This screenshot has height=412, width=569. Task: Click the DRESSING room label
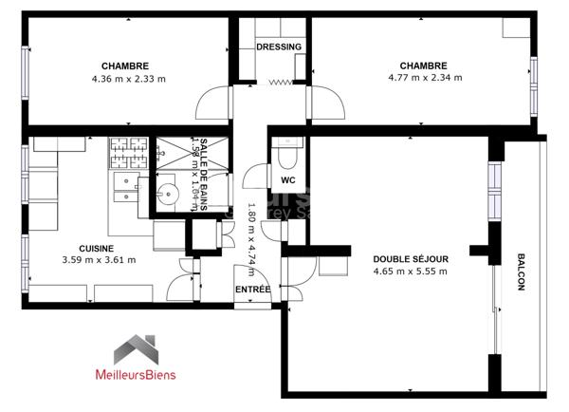(x=279, y=47)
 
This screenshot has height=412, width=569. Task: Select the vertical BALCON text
(x=521, y=273)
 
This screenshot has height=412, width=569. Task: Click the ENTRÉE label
(x=252, y=289)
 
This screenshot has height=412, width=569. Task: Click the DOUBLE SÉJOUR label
(x=410, y=258)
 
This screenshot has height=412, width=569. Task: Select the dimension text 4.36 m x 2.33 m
(x=128, y=79)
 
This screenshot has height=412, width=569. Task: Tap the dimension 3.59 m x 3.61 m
(x=99, y=260)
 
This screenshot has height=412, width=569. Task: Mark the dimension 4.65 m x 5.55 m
(x=410, y=272)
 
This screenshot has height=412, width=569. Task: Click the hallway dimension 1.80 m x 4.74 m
(x=251, y=234)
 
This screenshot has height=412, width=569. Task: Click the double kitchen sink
(x=124, y=190)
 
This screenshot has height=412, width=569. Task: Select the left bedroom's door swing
(x=216, y=102)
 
